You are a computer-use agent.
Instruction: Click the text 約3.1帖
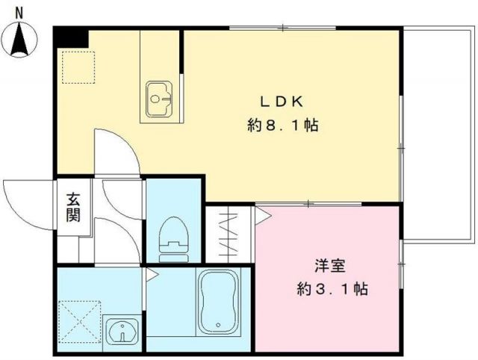(332, 288)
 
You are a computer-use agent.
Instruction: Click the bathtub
(217, 304)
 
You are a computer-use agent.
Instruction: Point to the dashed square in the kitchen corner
(75, 66)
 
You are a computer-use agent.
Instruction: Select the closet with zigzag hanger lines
(229, 233)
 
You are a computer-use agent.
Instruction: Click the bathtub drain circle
(217, 326)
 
